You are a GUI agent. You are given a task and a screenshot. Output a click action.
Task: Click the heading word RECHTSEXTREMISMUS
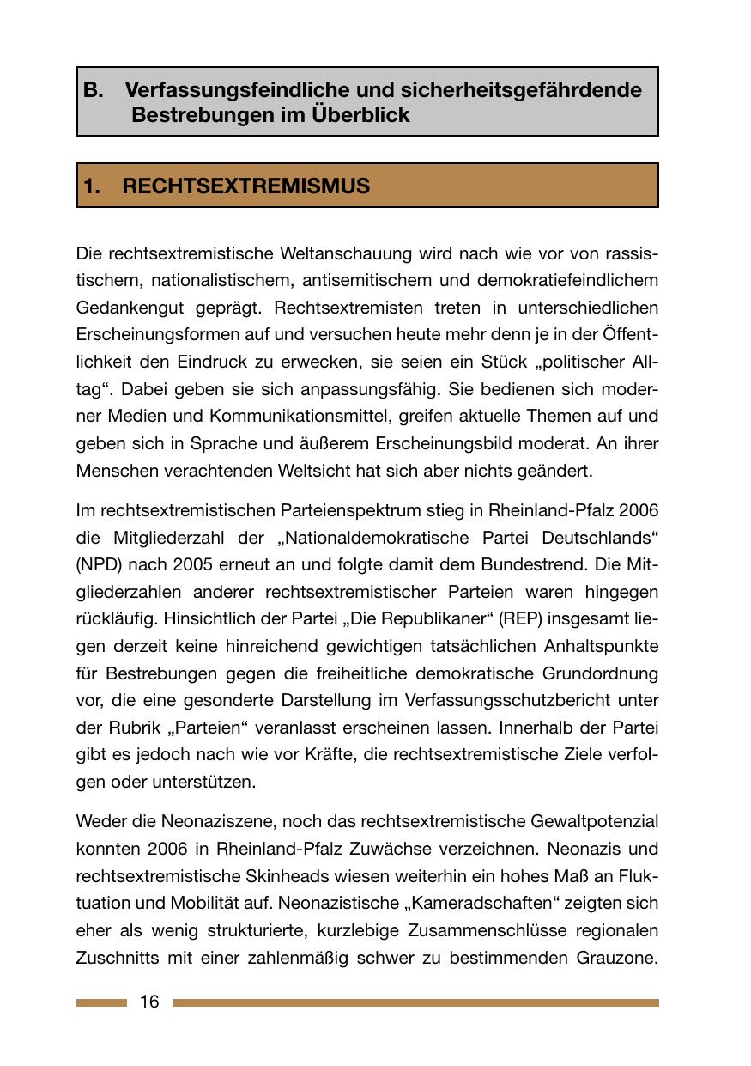246,186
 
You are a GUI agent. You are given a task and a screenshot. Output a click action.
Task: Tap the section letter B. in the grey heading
94,90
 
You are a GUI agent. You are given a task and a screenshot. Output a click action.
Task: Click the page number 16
149,1002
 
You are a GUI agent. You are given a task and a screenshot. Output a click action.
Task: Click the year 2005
199,564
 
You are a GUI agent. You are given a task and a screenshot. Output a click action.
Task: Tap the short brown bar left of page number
101,1002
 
